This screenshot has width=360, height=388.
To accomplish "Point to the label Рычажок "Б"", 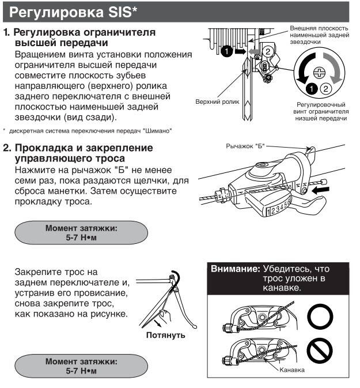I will [243, 148].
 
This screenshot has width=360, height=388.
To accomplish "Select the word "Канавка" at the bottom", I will [292, 370].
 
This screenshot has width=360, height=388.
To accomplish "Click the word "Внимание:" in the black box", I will [234, 269].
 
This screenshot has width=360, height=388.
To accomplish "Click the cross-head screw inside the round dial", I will [318, 72].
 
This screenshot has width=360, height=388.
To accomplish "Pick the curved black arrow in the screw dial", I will [302, 72].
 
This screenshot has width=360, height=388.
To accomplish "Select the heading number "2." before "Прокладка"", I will [7, 148].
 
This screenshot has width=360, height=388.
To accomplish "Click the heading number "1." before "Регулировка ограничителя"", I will [7, 33].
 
